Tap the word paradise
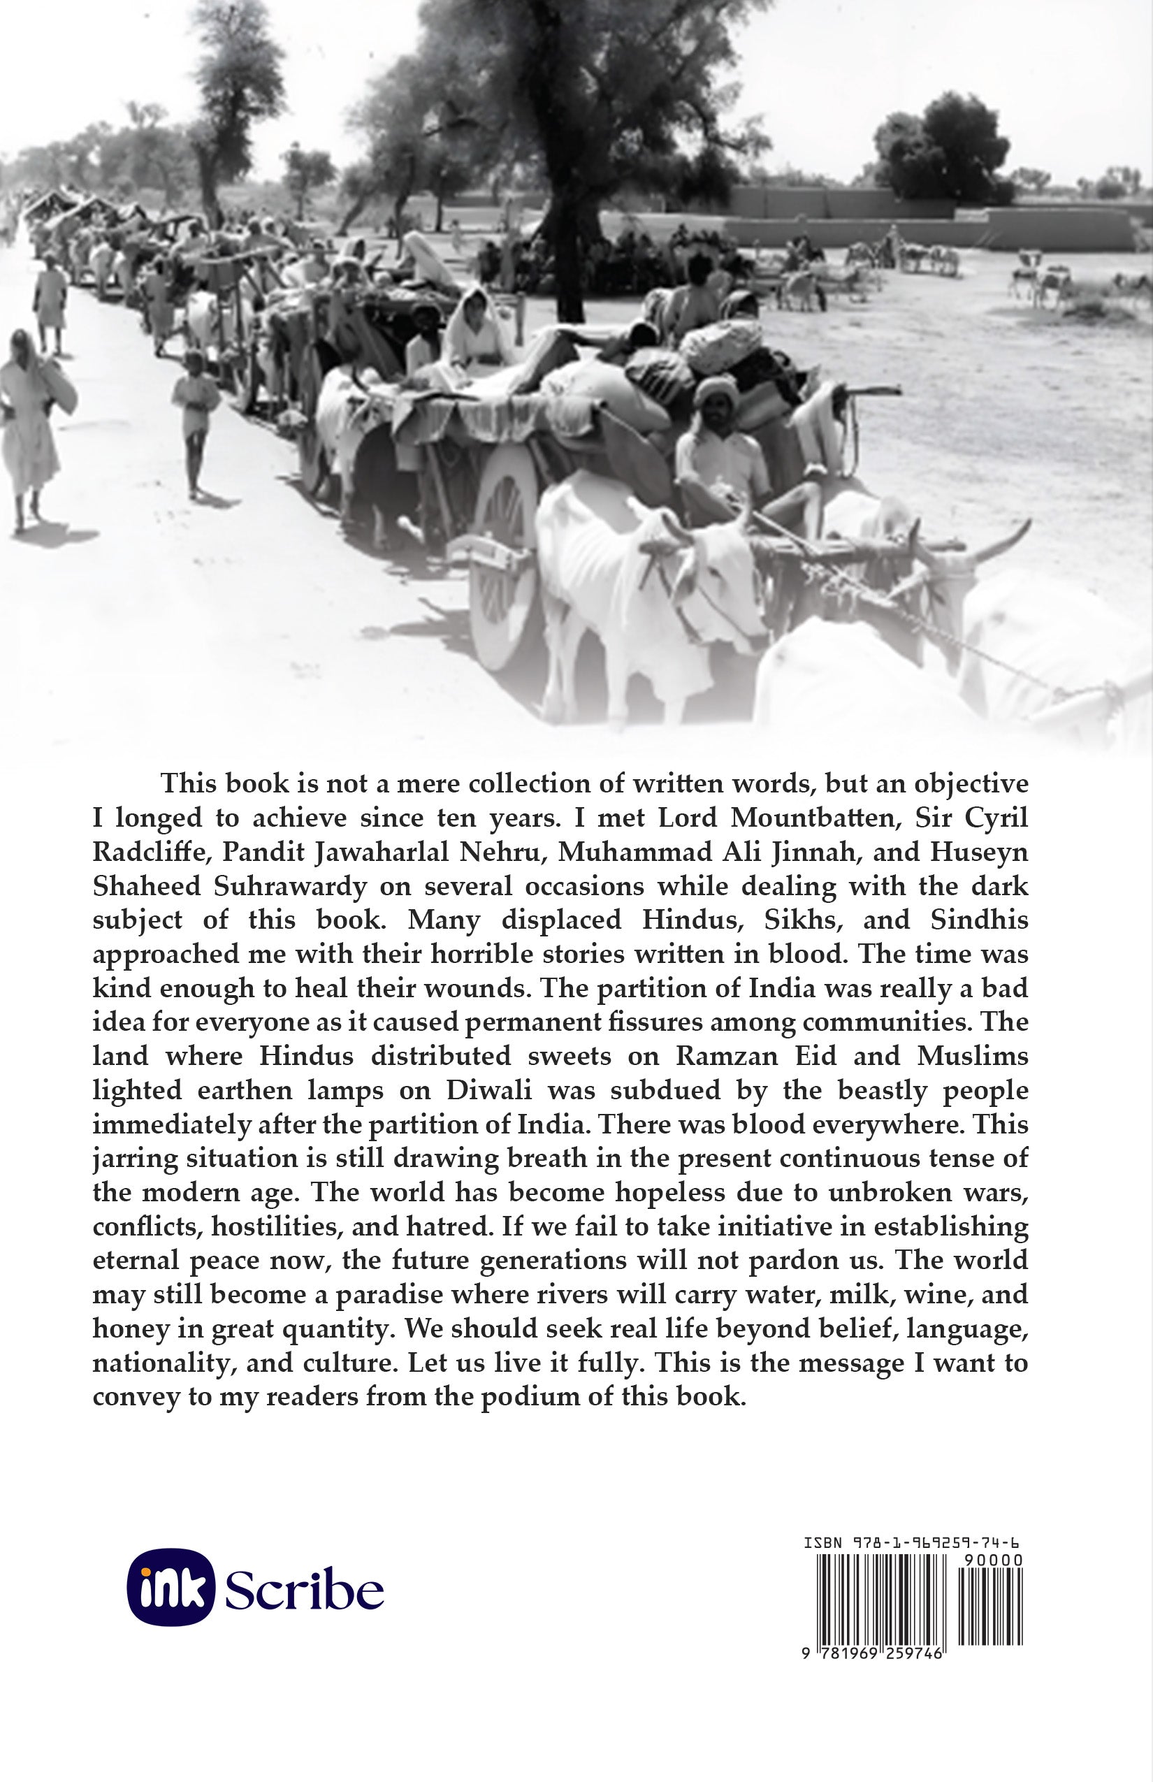coord(383,1294)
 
